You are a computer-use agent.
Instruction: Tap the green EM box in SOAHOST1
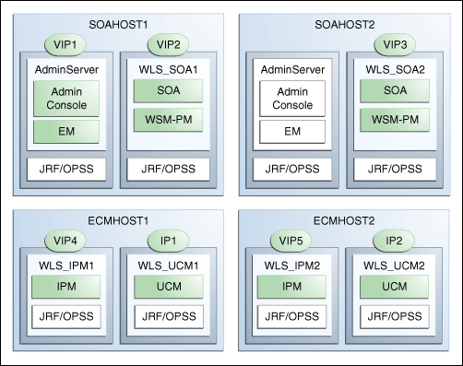point(65,133)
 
